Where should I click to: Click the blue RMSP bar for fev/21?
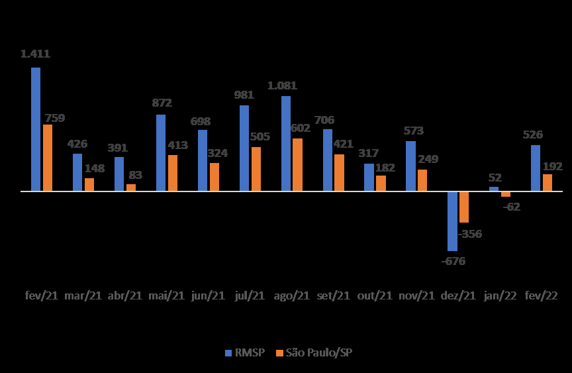click(x=36, y=129)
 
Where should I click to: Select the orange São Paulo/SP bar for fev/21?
click(x=48, y=158)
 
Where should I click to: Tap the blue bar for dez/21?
click(x=452, y=221)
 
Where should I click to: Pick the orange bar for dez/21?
click(x=464, y=207)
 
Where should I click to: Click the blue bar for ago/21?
click(x=286, y=144)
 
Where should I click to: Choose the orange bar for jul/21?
click(x=256, y=169)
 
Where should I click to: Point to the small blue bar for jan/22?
click(x=494, y=189)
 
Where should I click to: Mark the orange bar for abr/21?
click(x=131, y=187)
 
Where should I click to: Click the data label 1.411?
click(x=36, y=54)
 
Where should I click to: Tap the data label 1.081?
click(x=282, y=85)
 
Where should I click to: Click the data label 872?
click(x=162, y=103)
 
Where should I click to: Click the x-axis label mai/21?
click(x=166, y=295)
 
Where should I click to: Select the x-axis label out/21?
click(x=375, y=295)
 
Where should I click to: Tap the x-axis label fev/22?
click(x=542, y=295)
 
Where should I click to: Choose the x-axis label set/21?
click(x=333, y=295)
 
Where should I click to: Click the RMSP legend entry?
click(x=244, y=352)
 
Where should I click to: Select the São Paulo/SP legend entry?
click(x=314, y=352)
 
